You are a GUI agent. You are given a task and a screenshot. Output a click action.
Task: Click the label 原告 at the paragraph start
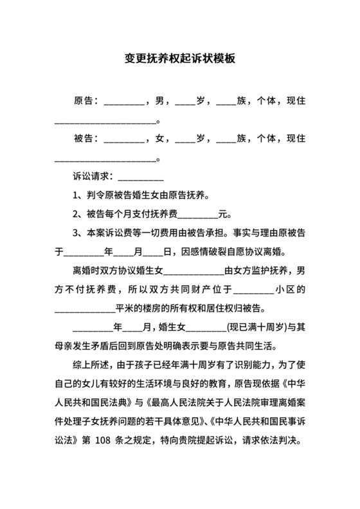point(83,102)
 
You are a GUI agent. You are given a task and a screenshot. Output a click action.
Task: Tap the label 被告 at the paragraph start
point(83,139)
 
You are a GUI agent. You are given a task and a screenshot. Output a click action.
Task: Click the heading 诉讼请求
point(93,176)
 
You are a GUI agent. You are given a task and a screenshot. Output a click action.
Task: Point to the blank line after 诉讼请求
point(141,177)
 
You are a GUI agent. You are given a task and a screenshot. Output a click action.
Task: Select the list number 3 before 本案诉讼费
point(76,233)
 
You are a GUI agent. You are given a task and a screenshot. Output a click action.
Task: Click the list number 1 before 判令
point(76,195)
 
